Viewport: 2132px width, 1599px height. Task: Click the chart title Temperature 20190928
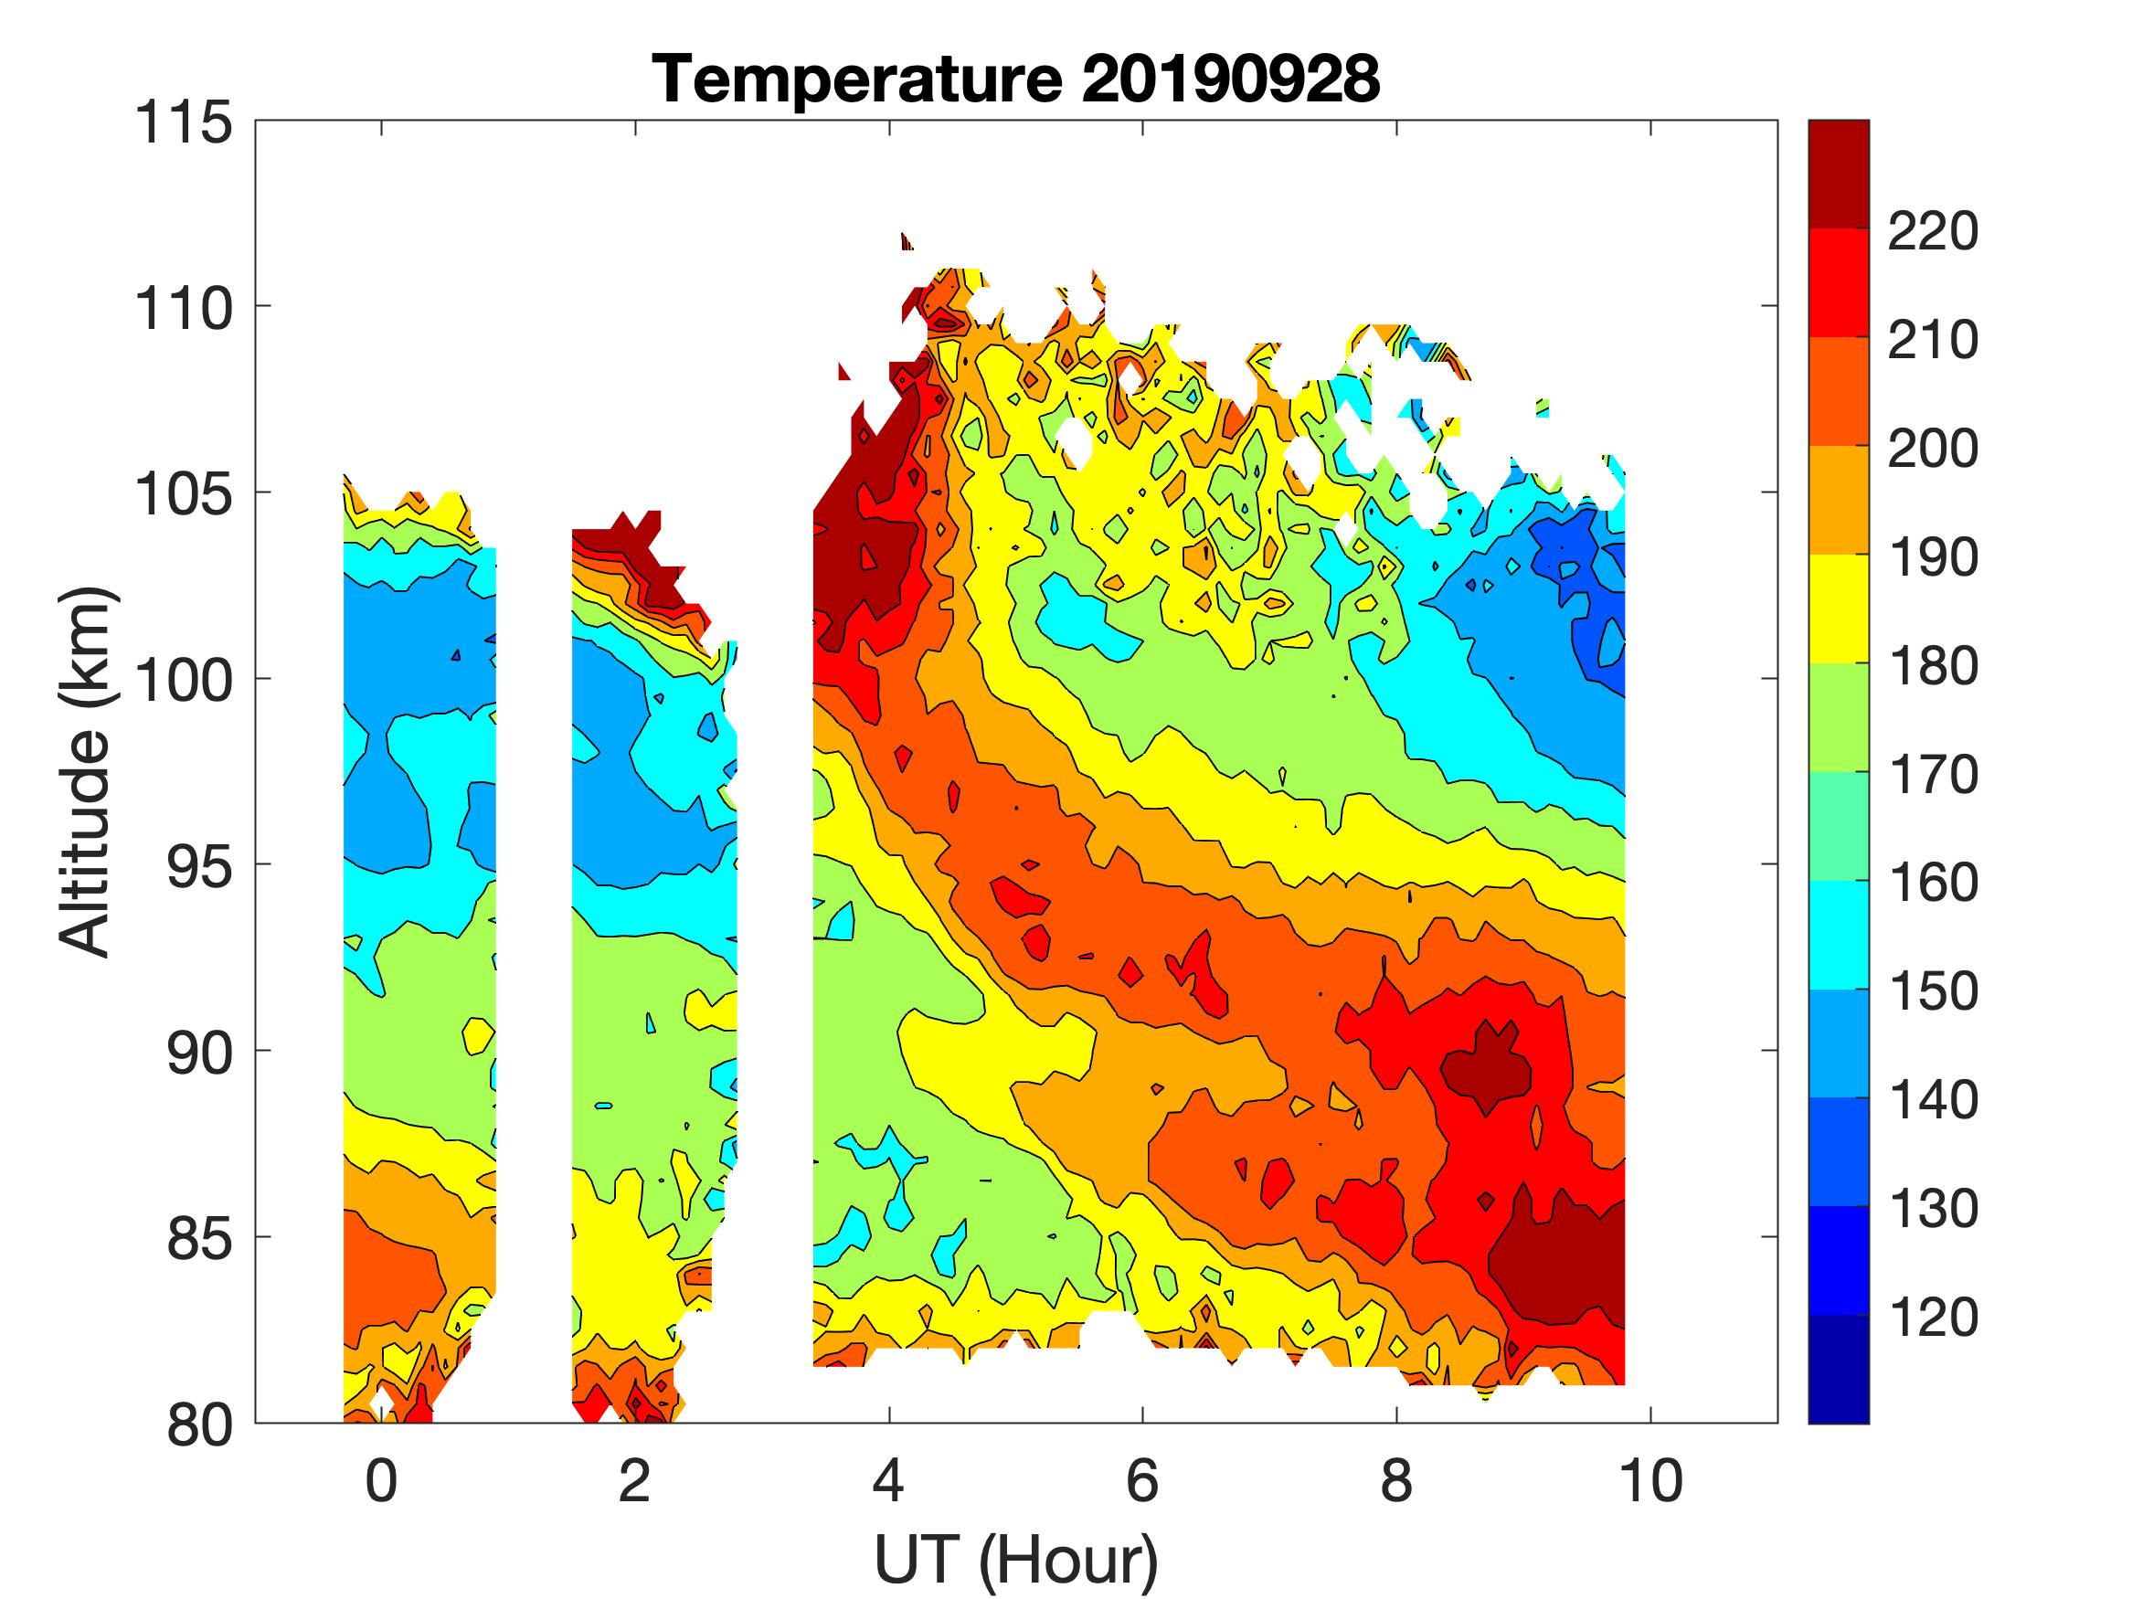1016,79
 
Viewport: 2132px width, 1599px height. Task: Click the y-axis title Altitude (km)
87,771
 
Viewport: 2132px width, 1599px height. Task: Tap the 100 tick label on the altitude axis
184,681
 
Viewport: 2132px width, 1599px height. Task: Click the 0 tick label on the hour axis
382,1480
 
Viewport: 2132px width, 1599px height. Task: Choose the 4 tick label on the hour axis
888,1480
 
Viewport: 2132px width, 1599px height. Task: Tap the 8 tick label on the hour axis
1396,1480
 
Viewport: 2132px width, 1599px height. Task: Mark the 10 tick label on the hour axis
1651,1480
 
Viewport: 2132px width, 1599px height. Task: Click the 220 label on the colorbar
1933,231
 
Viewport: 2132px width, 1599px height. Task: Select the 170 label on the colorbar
1933,774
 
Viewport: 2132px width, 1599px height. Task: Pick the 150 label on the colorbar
1933,990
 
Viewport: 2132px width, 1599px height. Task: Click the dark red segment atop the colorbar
1838,174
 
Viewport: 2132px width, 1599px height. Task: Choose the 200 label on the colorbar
1933,449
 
